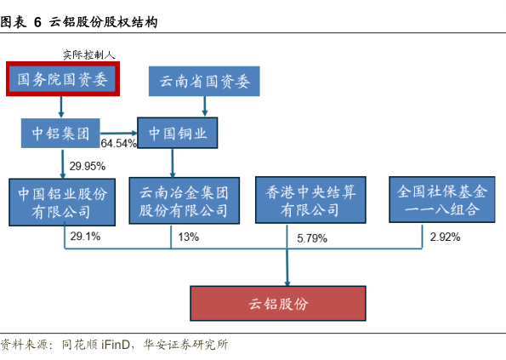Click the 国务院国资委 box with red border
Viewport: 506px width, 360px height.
click(63, 79)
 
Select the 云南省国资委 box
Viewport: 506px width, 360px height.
click(204, 81)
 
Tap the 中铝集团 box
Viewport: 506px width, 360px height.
click(60, 133)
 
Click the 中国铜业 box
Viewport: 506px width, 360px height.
click(178, 133)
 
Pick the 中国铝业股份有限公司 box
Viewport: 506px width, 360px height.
click(62, 202)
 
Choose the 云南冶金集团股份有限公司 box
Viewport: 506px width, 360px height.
click(185, 201)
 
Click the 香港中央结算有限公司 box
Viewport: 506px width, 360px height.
click(310, 200)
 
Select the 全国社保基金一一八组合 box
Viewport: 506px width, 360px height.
click(441, 199)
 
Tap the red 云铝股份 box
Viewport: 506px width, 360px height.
click(278, 303)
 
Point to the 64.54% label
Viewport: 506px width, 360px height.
click(119, 143)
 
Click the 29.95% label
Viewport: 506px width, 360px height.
click(88, 166)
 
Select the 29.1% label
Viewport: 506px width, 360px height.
click(85, 237)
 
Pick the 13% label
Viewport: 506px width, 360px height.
click(189, 237)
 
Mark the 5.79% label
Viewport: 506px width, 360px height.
click(312, 238)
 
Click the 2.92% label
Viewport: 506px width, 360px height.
click(445, 237)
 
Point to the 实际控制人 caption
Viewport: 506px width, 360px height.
click(89, 54)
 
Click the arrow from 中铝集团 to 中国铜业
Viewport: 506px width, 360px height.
click(119, 133)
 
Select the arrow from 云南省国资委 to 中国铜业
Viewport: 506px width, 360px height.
click(205, 106)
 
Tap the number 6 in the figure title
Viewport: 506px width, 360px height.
click(37, 22)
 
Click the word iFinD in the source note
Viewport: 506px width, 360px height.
click(116, 345)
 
